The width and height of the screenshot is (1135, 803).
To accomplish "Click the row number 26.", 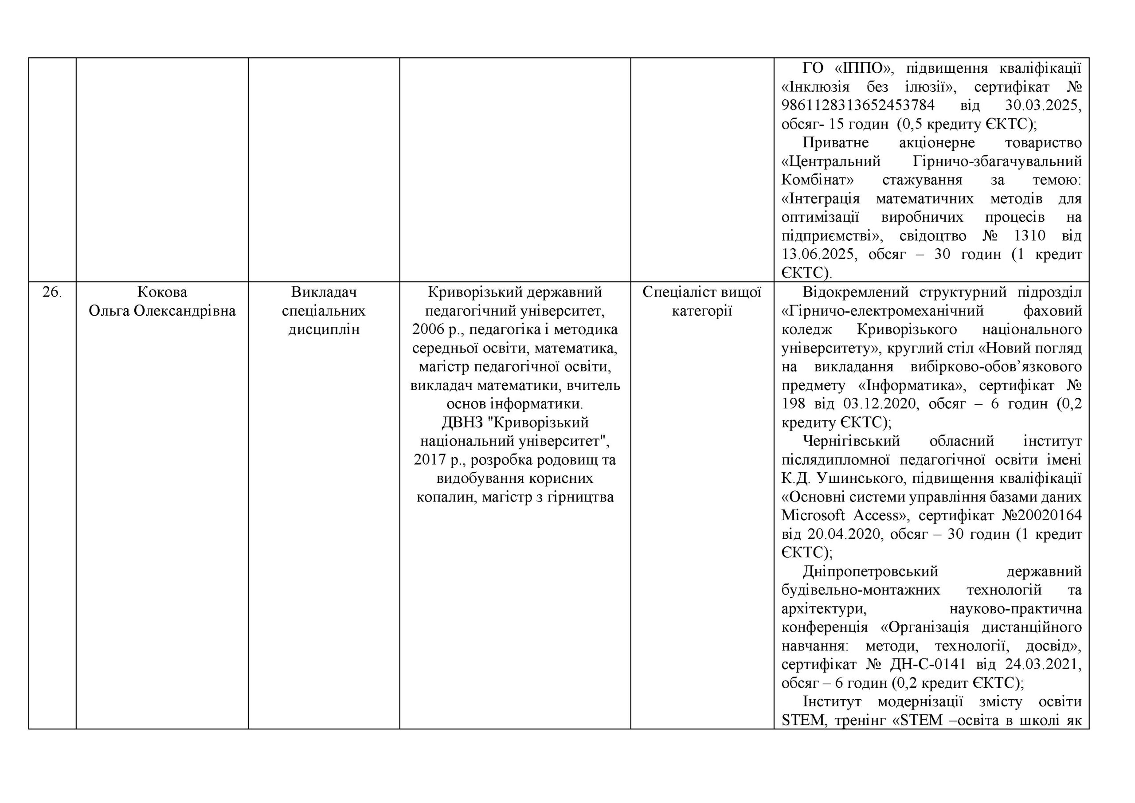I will [x=52, y=292].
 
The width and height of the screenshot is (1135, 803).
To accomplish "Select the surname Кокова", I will [x=162, y=292].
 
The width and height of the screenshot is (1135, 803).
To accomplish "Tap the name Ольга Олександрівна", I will [x=162, y=311].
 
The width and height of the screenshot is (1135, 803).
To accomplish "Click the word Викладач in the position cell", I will [x=324, y=292].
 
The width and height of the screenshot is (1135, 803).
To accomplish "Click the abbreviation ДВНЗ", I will [x=462, y=423].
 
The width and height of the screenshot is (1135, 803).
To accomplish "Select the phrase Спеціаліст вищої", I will [x=701, y=292].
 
